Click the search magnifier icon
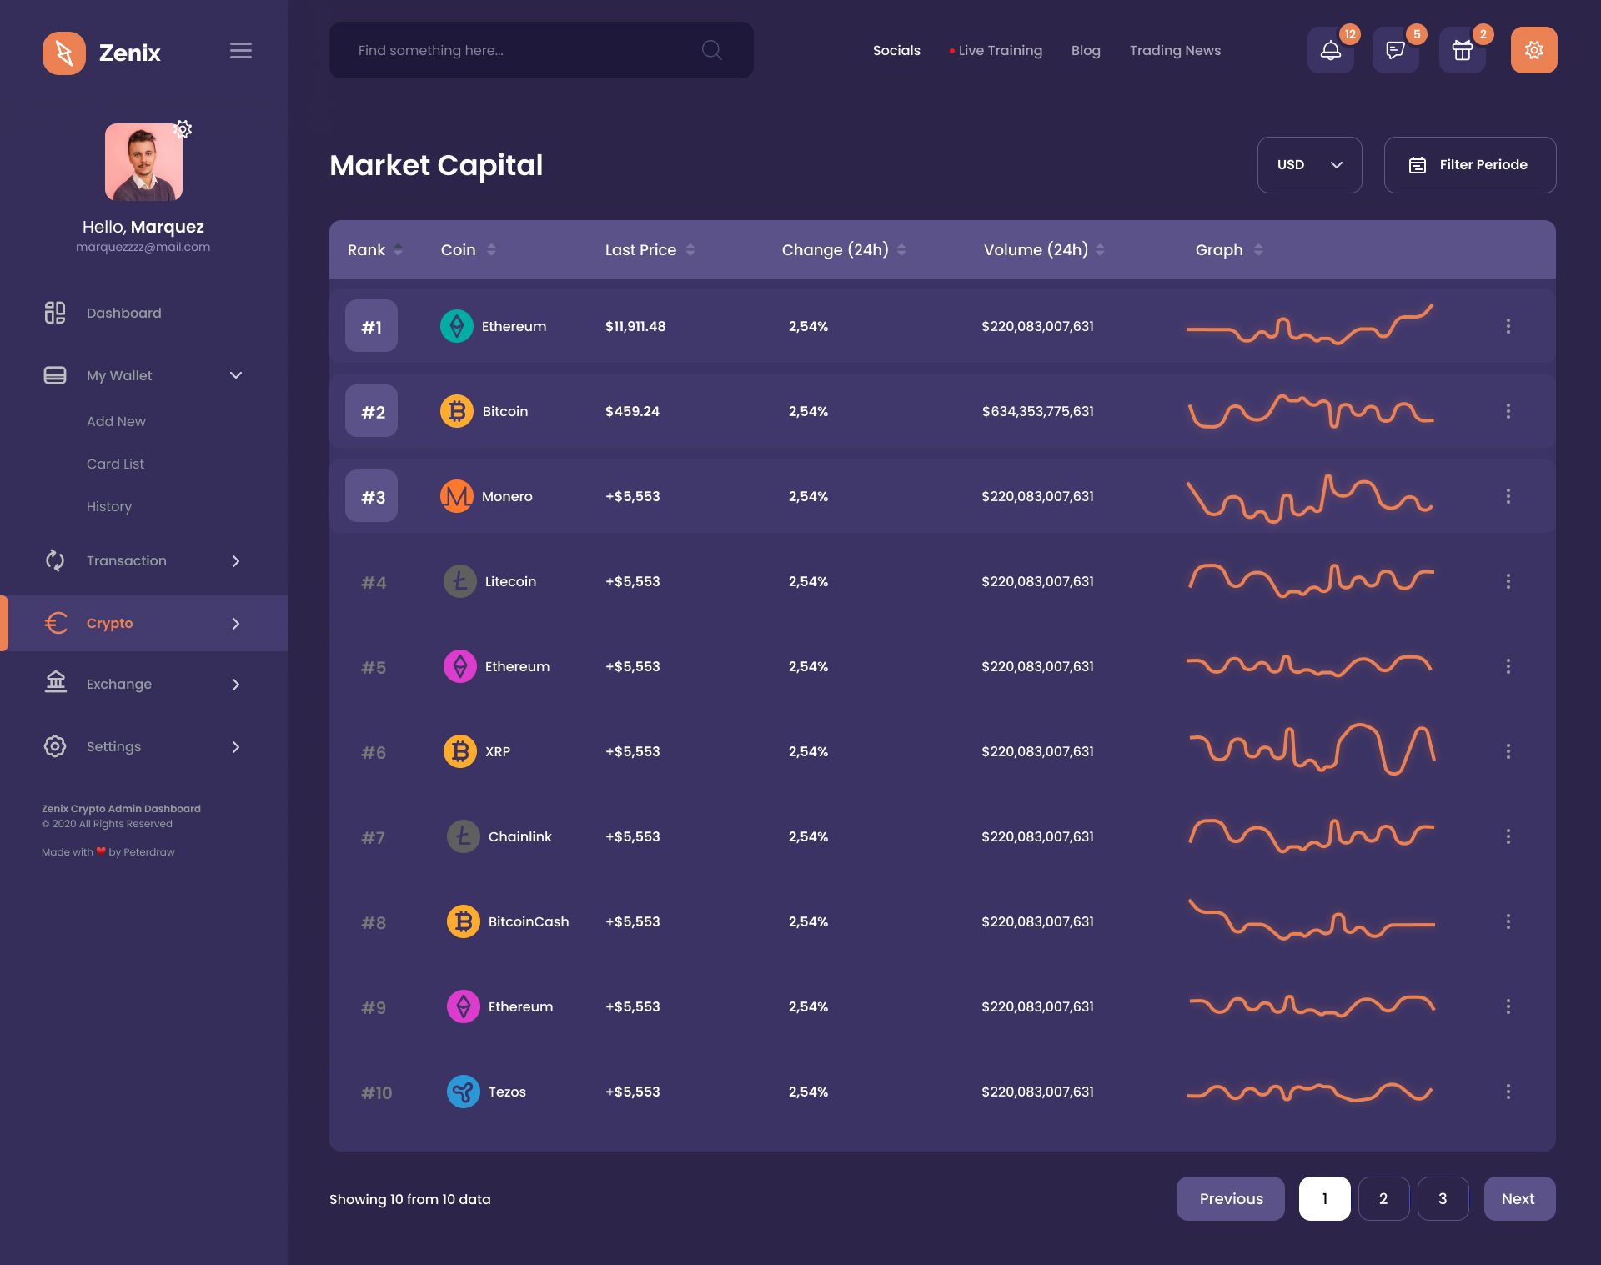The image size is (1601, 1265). pos(711,50)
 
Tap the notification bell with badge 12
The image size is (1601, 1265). pos(1330,51)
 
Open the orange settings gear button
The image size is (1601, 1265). pos(1533,51)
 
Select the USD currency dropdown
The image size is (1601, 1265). pos(1309,165)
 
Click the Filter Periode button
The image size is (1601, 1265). pos(1469,165)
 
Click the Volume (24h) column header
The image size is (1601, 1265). pos(1036,250)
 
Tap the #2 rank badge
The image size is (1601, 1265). pos(372,412)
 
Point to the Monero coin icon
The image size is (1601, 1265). pos(457,497)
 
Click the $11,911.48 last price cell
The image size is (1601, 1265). pos(635,327)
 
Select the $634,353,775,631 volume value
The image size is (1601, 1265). pos(1037,412)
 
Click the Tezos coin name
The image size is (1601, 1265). pos(507,1092)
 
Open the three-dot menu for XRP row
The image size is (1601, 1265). pos(1508,752)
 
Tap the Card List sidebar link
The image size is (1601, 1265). pos(115,464)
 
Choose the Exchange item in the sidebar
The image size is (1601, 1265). pos(119,685)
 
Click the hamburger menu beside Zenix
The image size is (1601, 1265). pos(241,51)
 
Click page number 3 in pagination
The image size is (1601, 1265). pos(1443,1199)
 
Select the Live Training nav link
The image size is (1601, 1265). pos(1000,51)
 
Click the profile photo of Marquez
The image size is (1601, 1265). pos(143,163)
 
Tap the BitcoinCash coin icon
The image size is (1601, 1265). pos(464,922)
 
